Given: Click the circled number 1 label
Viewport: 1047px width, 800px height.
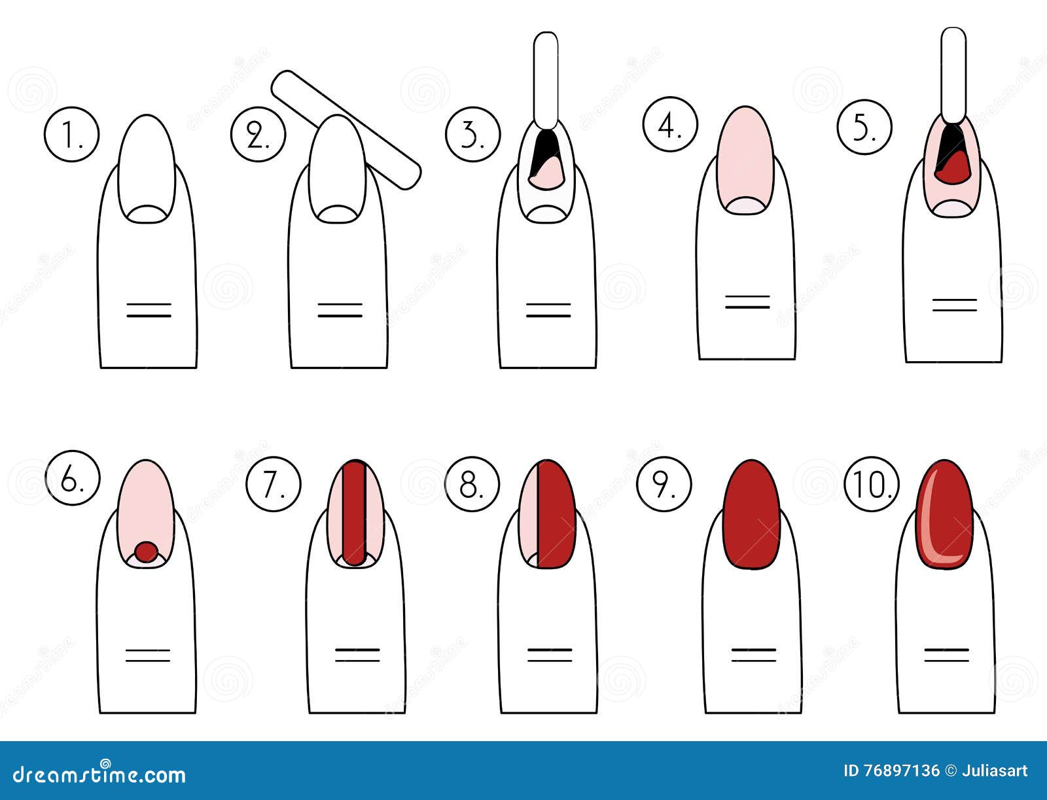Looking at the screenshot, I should (x=71, y=135).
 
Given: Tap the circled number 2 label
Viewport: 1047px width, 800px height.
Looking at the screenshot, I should (x=258, y=135).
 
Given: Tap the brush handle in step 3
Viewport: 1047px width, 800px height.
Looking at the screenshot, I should (x=546, y=78).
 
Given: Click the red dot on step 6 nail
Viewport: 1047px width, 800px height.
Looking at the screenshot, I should (x=147, y=551).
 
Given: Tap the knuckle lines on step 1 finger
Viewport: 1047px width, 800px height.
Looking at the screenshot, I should (x=149, y=310).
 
